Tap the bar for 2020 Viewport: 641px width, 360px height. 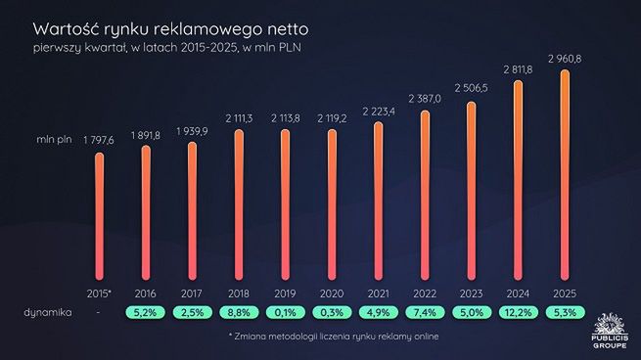tap(333, 205)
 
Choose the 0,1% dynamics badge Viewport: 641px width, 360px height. tap(286, 312)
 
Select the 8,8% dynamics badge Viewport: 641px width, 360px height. tap(240, 312)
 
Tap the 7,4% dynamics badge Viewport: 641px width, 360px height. tap(426, 312)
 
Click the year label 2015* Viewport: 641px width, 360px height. tap(99, 291)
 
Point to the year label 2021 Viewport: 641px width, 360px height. tap(380, 291)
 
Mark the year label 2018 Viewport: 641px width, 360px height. tap(240, 291)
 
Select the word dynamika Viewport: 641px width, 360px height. tap(42, 312)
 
